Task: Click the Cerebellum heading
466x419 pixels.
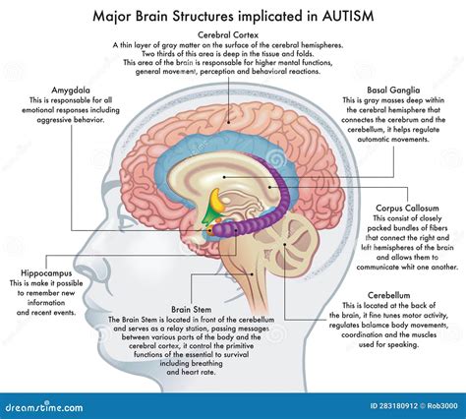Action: (x=402, y=292)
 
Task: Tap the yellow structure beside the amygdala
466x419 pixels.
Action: (x=212, y=208)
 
